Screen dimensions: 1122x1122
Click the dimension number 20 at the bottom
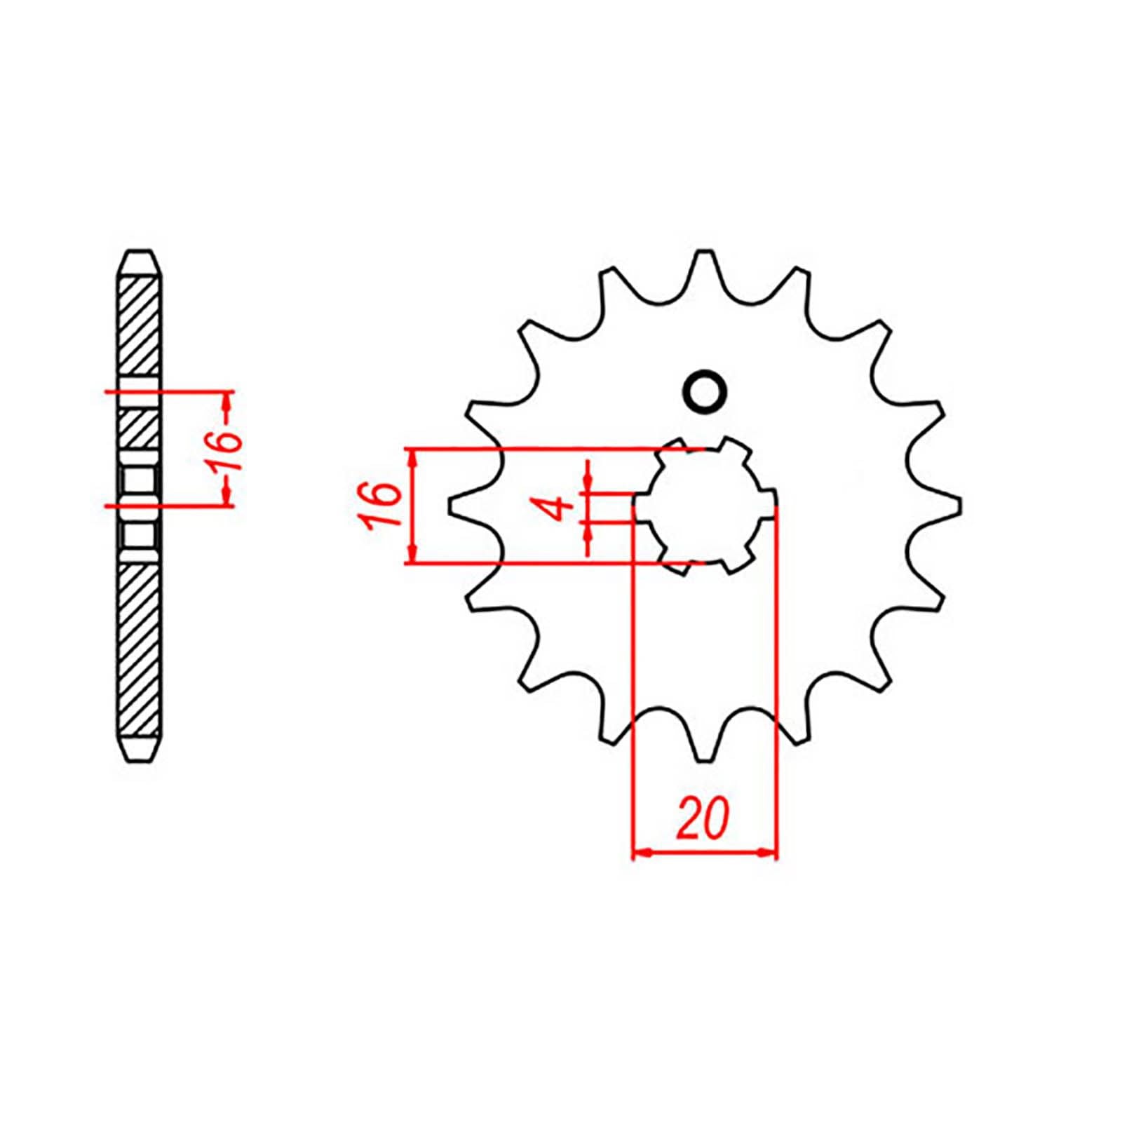pos(703,818)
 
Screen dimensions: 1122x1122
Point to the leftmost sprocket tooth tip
pos(450,506)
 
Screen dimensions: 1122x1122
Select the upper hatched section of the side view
pos(140,326)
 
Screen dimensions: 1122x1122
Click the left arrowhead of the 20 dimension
pos(640,853)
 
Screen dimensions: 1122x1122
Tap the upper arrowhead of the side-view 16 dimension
pos(226,401)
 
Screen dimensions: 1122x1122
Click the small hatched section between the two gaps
pos(140,428)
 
